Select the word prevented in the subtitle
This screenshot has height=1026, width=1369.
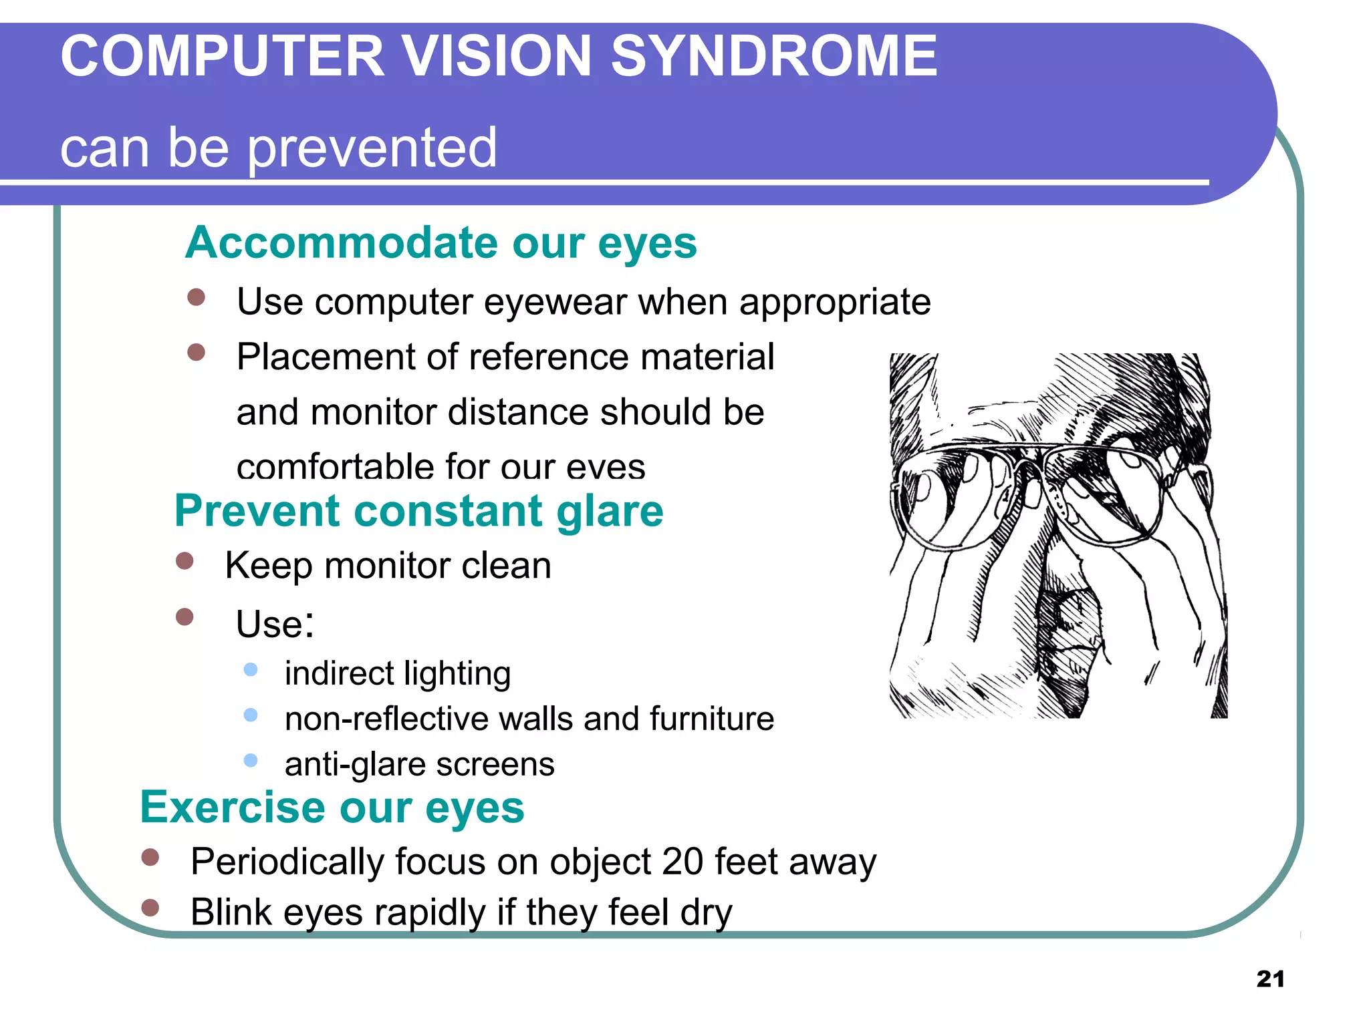[x=372, y=148]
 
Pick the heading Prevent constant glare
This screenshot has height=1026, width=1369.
[x=419, y=511]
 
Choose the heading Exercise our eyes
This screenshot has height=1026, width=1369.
[x=332, y=808]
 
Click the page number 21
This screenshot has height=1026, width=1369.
[x=1270, y=979]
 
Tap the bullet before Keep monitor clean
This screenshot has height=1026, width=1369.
[x=184, y=560]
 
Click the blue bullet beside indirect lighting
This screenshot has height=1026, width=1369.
[x=251, y=669]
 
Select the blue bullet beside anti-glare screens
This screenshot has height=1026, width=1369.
[x=251, y=760]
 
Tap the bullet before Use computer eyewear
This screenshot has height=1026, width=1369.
[x=196, y=297]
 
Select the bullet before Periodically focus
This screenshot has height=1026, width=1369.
[x=150, y=857]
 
